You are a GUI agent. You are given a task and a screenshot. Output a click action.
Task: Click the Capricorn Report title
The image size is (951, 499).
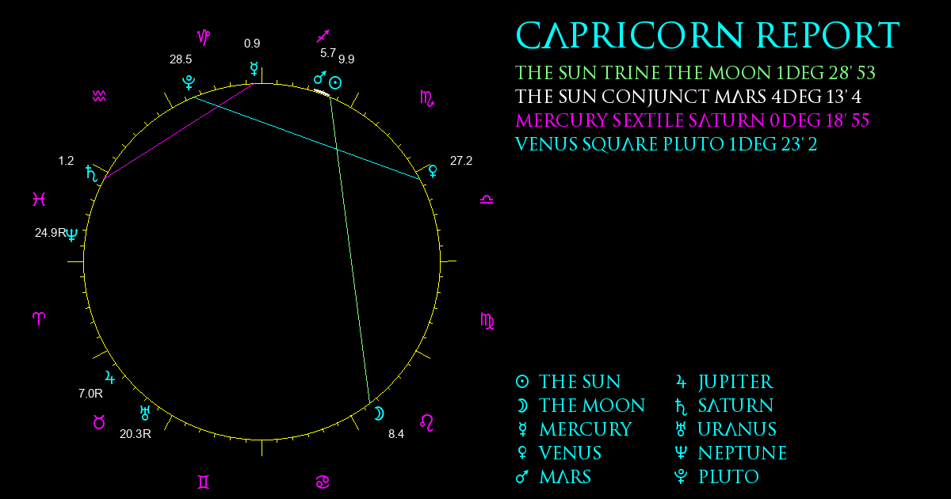(x=707, y=36)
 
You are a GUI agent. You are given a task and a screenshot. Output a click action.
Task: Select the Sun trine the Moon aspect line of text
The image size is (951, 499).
(x=695, y=73)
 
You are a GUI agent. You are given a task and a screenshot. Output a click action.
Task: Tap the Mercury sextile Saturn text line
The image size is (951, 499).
(x=692, y=120)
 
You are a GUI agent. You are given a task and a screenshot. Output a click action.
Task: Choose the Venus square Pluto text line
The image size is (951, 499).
(x=666, y=144)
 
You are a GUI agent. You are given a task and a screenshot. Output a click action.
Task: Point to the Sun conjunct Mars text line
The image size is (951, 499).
(x=688, y=97)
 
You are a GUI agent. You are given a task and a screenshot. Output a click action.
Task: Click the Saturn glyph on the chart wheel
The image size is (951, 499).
(x=92, y=173)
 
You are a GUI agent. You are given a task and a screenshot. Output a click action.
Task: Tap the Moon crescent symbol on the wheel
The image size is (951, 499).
(x=379, y=413)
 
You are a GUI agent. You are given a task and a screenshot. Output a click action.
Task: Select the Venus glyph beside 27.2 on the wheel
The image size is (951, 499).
(x=433, y=171)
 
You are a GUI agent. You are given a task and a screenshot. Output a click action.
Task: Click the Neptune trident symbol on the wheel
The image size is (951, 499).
(x=72, y=234)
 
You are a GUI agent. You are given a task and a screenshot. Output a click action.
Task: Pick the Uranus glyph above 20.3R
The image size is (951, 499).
(x=145, y=413)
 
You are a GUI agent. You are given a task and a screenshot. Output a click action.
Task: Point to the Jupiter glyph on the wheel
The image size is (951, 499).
(x=109, y=377)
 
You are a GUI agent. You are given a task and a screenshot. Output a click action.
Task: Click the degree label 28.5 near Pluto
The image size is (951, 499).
(x=181, y=59)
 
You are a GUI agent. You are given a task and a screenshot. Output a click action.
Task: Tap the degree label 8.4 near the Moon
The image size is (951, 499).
(x=396, y=434)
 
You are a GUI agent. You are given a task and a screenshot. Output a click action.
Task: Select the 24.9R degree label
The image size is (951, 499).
(x=51, y=233)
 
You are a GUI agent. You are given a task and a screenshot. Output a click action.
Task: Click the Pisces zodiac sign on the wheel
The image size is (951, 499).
(x=39, y=199)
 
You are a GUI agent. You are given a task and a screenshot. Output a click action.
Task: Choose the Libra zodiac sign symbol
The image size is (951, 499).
(x=487, y=200)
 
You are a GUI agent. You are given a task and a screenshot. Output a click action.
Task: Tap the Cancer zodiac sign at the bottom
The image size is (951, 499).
(x=323, y=482)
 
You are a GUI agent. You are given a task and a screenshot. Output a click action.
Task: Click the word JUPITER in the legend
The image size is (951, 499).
(x=735, y=383)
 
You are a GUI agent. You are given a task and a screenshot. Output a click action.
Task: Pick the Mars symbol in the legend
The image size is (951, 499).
(x=522, y=477)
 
